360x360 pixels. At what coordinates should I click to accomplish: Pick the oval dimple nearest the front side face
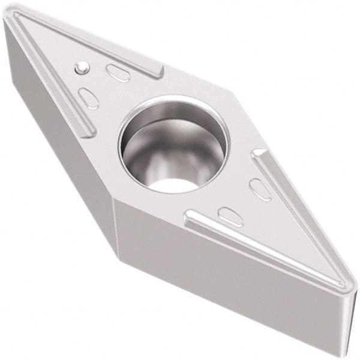click(230, 215)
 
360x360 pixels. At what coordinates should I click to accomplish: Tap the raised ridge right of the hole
click(288, 198)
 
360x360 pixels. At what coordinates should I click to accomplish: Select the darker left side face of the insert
click(60, 150)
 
